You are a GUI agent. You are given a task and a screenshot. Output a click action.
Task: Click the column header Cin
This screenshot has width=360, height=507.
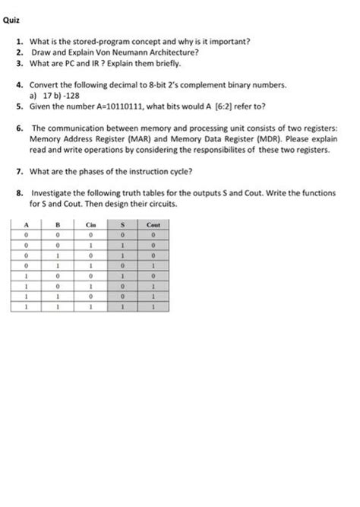[x=90, y=224]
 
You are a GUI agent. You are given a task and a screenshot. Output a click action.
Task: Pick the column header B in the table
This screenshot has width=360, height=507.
[x=57, y=224]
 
